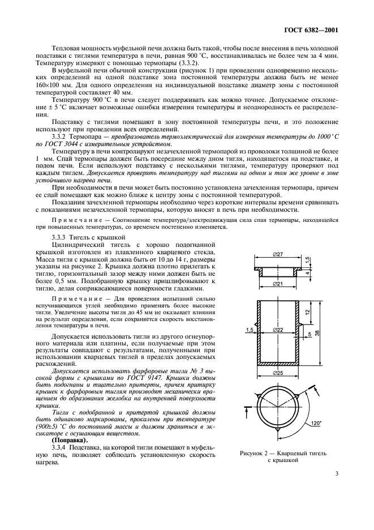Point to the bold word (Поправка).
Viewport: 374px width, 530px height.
coord(70,440)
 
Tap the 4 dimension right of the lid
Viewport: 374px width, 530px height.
coord(307,272)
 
